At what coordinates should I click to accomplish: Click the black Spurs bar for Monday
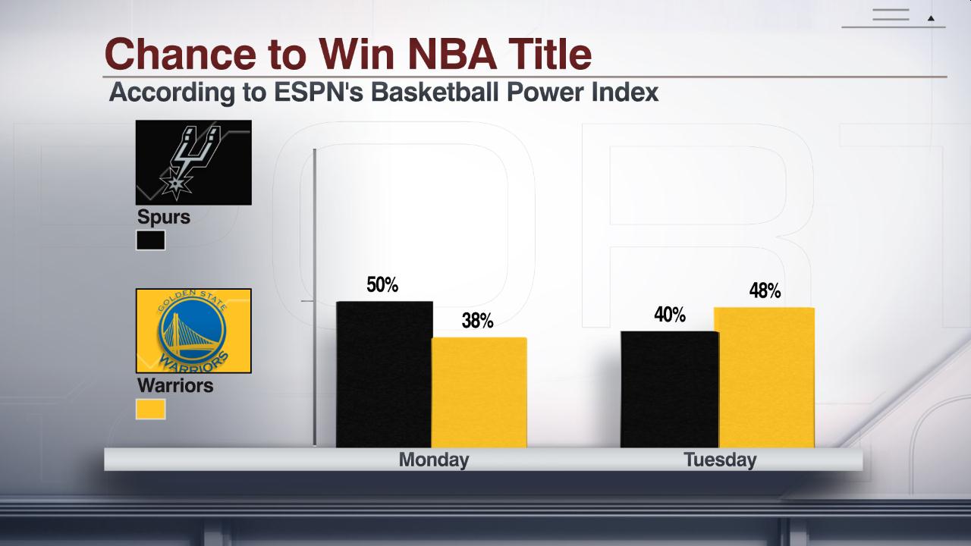point(384,375)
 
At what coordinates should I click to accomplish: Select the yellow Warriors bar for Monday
point(479,392)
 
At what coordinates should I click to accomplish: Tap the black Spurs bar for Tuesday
point(668,389)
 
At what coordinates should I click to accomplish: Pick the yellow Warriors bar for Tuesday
point(765,378)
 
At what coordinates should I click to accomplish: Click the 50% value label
point(382,285)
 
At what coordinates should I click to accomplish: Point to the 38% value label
point(477,321)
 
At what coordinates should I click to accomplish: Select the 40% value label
point(670,315)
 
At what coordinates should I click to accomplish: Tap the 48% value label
point(765,291)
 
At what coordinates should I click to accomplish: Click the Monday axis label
point(434,460)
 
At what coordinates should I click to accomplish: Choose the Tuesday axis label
point(720,460)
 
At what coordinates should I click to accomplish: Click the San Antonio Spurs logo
point(193,162)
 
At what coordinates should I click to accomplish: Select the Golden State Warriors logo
point(193,331)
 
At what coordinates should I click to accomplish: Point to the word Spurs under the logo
point(164,217)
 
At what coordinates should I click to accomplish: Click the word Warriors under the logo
point(175,385)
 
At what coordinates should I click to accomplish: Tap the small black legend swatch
point(151,241)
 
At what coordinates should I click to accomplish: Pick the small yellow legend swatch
point(151,409)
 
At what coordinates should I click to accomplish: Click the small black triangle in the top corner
point(931,17)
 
